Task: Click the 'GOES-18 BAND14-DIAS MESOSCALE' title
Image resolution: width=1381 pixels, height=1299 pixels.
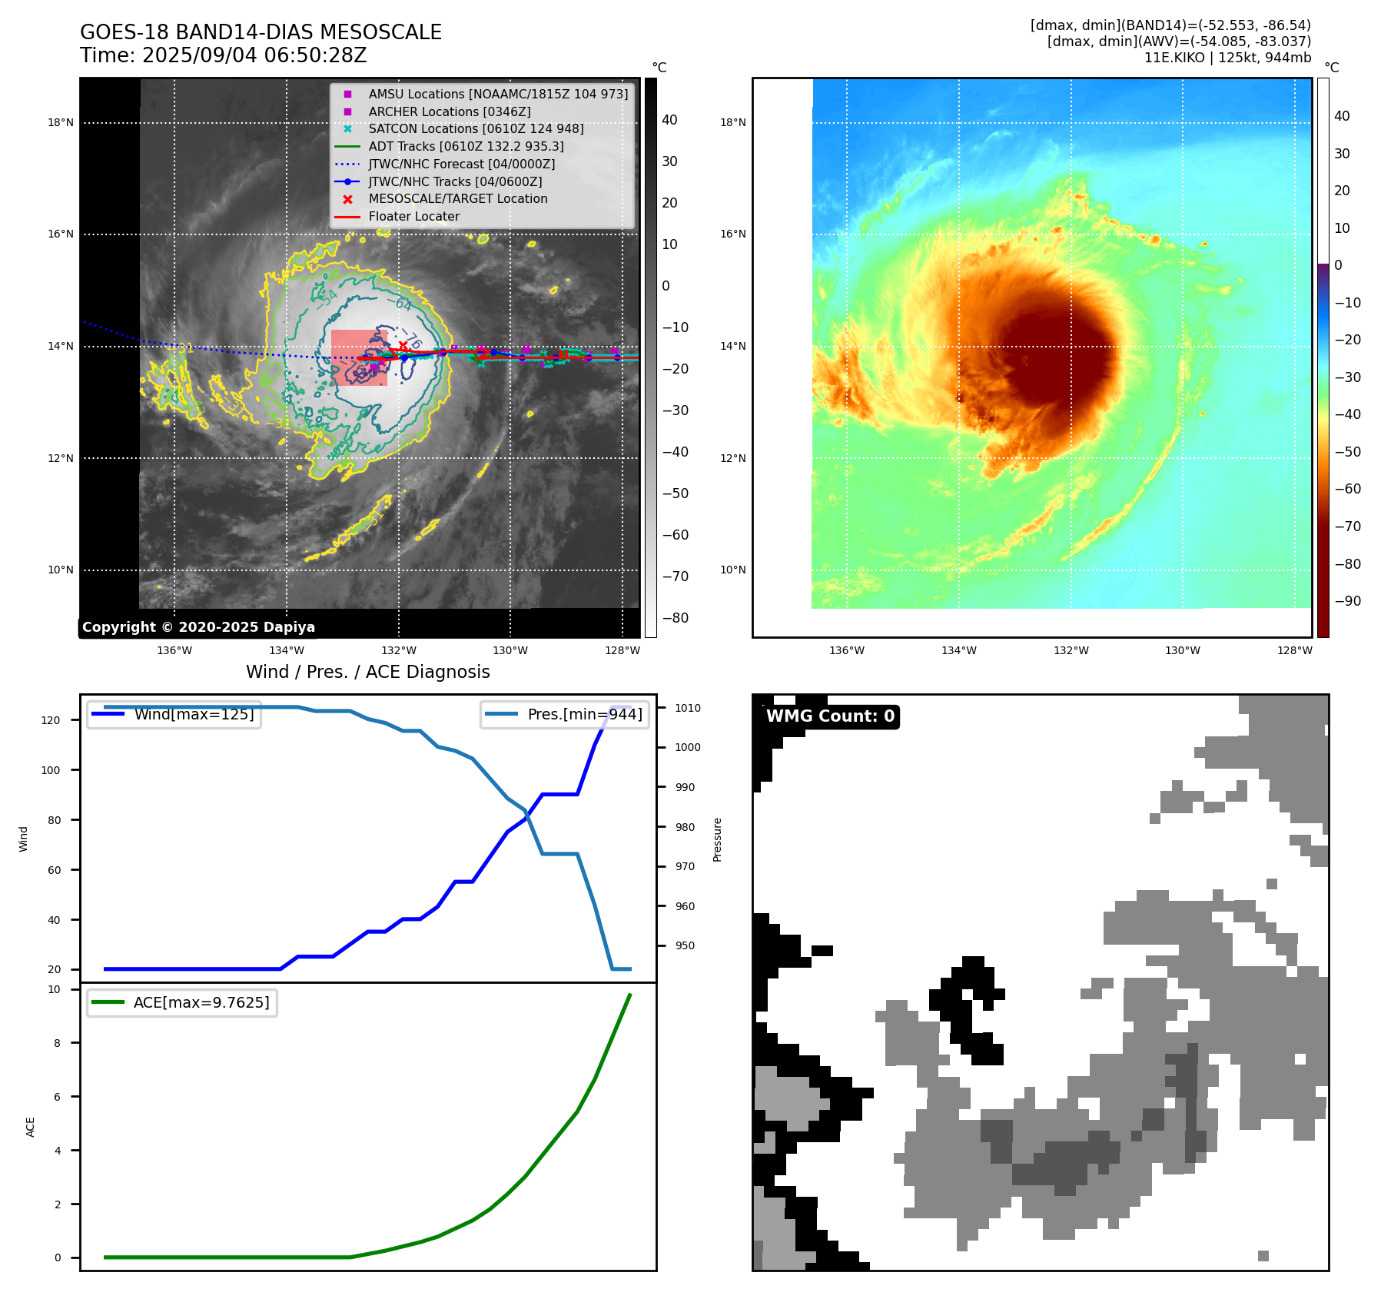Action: tap(261, 32)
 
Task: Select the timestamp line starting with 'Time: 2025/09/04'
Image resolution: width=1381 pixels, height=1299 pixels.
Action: tap(224, 55)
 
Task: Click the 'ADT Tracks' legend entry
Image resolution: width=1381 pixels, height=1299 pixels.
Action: tap(466, 146)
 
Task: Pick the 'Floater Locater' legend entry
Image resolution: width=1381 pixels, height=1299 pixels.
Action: tap(413, 216)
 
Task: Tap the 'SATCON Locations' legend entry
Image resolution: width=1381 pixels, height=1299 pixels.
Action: tap(476, 128)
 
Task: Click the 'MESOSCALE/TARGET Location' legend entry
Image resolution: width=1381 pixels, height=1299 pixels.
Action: tap(457, 198)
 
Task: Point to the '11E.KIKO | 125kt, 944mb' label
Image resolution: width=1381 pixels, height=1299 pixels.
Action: tap(1227, 58)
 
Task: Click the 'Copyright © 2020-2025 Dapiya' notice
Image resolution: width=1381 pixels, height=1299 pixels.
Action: tap(198, 627)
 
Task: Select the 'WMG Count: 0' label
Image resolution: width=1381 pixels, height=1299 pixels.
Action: tap(830, 716)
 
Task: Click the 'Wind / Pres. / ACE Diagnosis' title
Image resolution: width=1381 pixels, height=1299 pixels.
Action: tap(367, 672)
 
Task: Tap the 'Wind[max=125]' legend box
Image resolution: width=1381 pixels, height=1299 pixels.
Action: tap(174, 714)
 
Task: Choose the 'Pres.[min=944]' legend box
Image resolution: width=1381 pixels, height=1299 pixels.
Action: tap(566, 714)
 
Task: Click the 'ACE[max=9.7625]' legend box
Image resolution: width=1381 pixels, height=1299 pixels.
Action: tap(182, 1002)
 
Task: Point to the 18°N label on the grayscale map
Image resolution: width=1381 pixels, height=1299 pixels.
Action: tap(61, 122)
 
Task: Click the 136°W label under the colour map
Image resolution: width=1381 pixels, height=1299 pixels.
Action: tap(847, 650)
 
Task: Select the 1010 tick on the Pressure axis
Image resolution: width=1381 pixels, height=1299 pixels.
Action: tap(688, 708)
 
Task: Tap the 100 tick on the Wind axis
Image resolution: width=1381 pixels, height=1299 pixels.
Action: tap(51, 770)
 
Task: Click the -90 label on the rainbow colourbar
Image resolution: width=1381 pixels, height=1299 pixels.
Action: tap(1347, 601)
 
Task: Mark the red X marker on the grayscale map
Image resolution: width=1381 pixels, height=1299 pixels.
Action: tap(403, 346)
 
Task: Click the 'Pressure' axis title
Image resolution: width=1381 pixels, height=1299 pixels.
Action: tap(717, 839)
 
